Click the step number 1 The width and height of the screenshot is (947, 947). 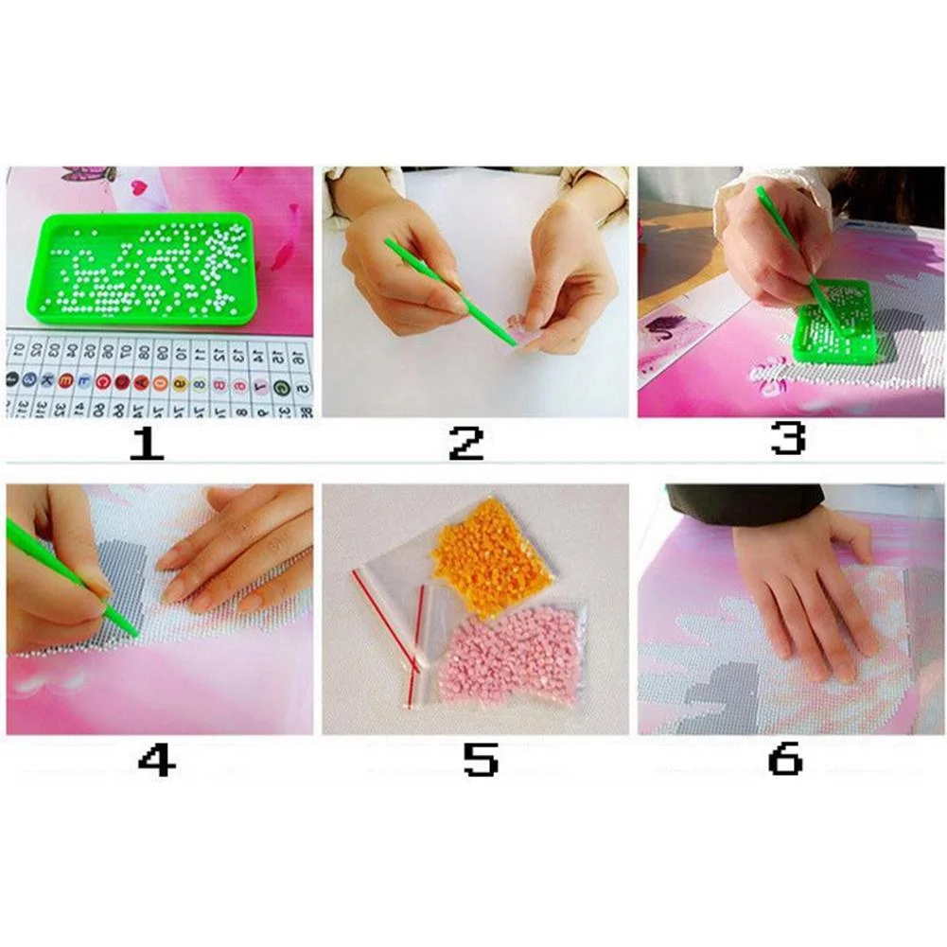tap(147, 442)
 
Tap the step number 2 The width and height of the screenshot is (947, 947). tap(465, 442)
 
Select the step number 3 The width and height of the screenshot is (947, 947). tap(787, 438)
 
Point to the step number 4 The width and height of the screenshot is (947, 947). tap(156, 759)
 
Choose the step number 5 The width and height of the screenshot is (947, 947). tap(480, 759)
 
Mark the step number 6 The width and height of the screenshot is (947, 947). tap(785, 759)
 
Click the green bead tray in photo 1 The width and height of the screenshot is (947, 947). tap(147, 268)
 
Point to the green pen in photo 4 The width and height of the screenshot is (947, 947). tap(71, 577)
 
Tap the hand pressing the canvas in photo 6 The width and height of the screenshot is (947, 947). tap(804, 591)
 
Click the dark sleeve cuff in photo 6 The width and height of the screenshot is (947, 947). tap(743, 499)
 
